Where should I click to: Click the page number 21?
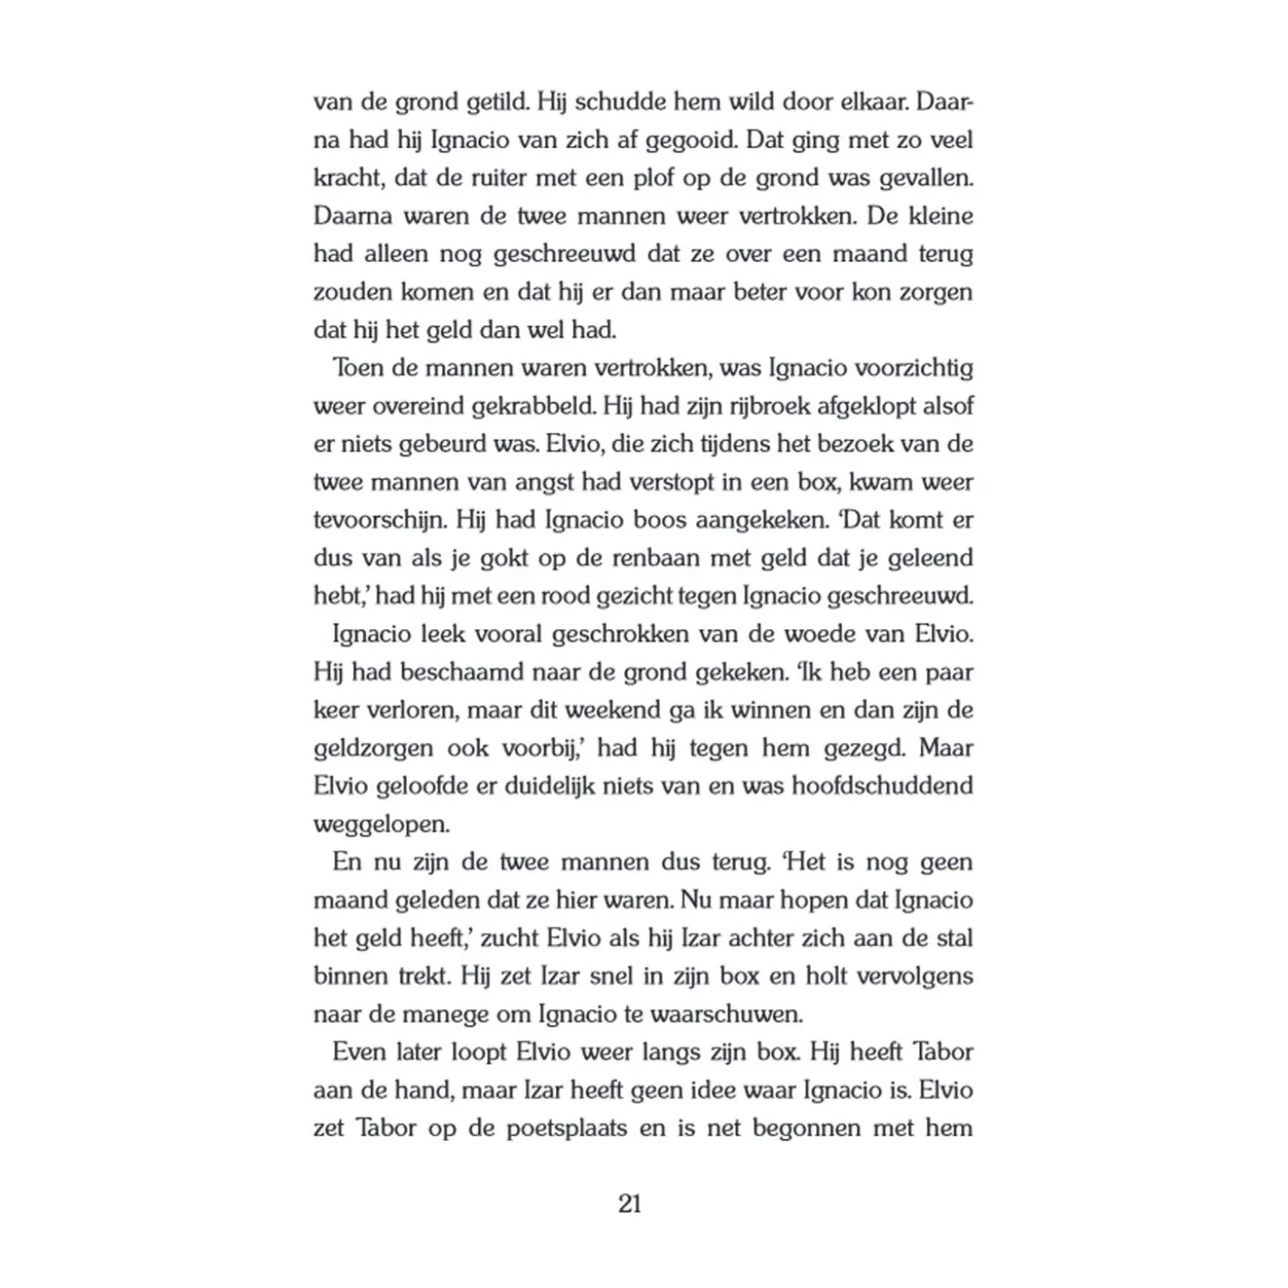[x=630, y=1203]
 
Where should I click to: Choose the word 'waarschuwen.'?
[x=726, y=1014]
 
